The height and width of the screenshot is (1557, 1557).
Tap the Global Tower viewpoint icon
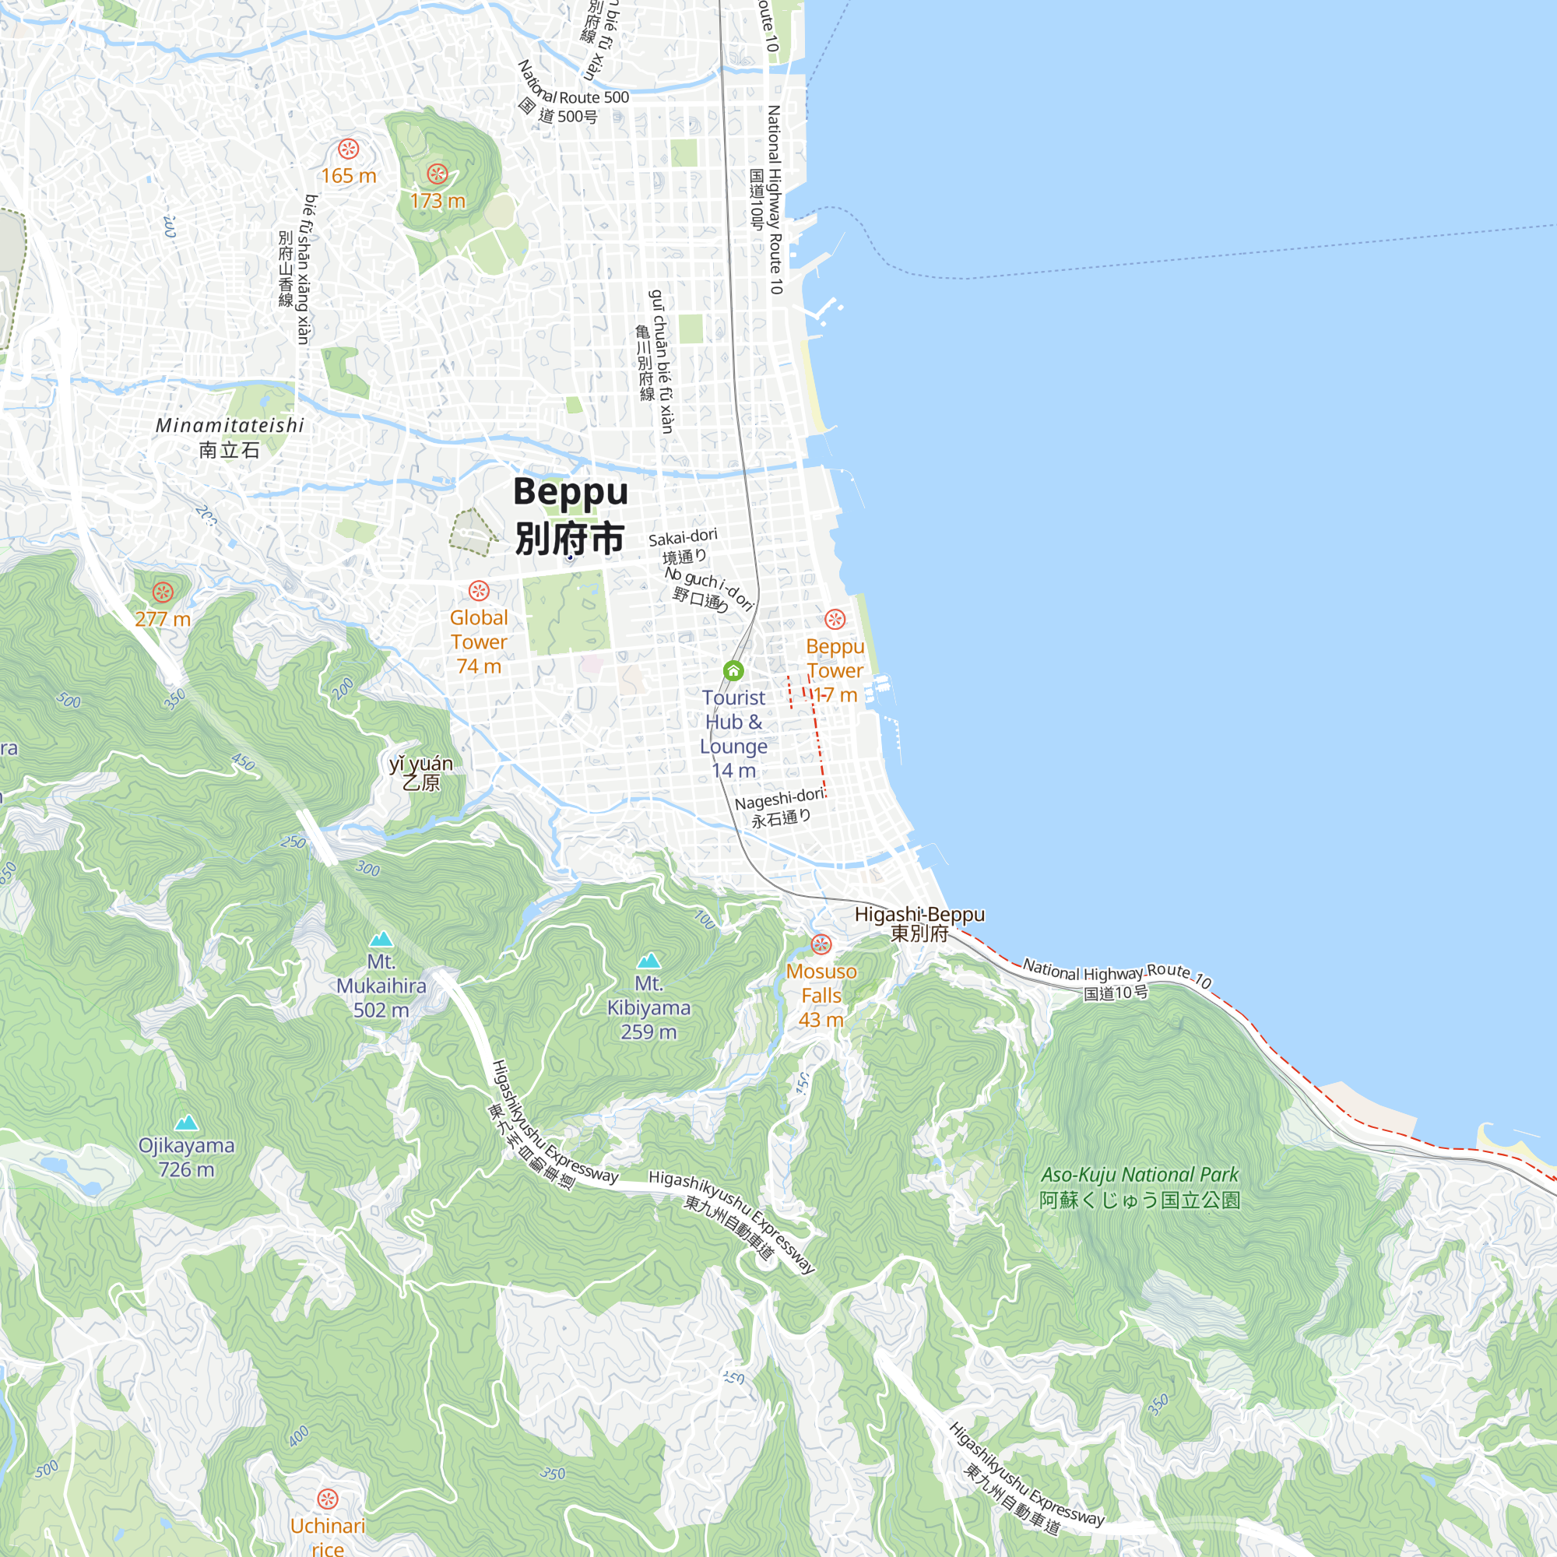pyautogui.click(x=479, y=591)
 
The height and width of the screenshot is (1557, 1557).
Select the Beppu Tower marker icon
pyautogui.click(x=835, y=619)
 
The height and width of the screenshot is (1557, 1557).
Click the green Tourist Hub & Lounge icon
pyautogui.click(x=733, y=670)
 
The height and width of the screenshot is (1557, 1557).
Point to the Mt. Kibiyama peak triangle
pyautogui.click(x=648, y=960)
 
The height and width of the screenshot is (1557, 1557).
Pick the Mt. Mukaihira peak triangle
pyautogui.click(x=381, y=938)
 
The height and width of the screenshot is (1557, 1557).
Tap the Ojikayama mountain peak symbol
pyautogui.click(x=186, y=1123)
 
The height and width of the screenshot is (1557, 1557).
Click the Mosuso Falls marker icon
pyautogui.click(x=821, y=944)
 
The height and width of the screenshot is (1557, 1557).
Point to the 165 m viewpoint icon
pyautogui.click(x=348, y=149)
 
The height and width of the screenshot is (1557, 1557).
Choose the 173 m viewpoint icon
pyautogui.click(x=437, y=174)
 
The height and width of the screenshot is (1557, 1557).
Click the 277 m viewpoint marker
pyautogui.click(x=163, y=592)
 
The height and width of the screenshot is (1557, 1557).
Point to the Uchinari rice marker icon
pyautogui.click(x=327, y=1499)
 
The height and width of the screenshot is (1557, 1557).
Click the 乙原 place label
pyautogui.click(x=420, y=782)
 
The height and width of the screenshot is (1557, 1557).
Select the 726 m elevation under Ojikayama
pyautogui.click(x=186, y=1169)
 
